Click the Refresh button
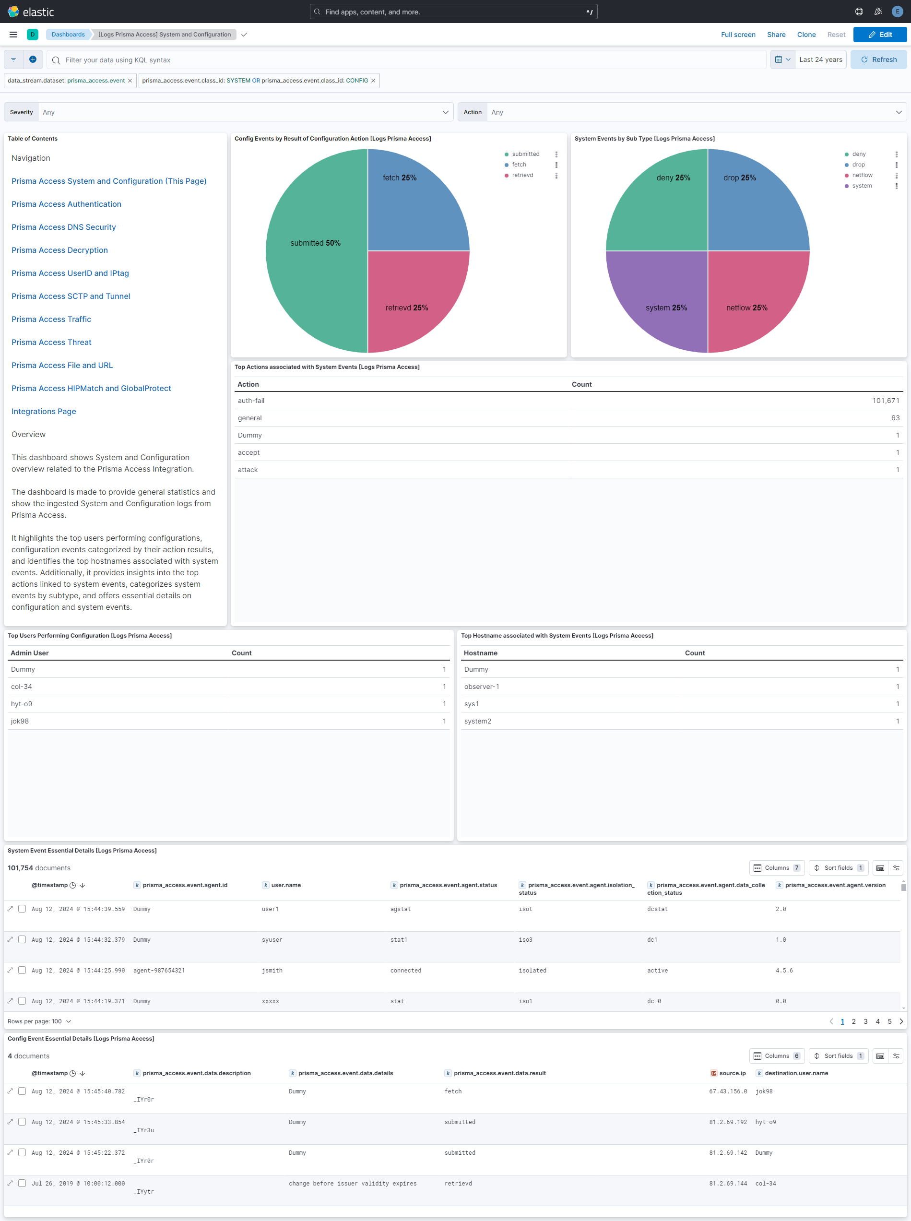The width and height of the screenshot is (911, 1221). (x=878, y=59)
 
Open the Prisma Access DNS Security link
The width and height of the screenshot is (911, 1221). (x=63, y=227)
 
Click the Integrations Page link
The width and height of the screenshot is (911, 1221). (x=44, y=412)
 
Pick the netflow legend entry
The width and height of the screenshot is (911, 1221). (x=862, y=176)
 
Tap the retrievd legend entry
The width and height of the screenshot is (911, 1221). (x=522, y=176)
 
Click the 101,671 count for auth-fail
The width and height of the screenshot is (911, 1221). (x=885, y=401)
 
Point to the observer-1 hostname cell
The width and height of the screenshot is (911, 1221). (x=482, y=687)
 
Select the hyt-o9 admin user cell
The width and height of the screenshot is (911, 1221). (x=22, y=704)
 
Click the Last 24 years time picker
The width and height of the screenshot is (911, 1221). (x=820, y=59)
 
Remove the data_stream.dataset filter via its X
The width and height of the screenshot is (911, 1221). (x=130, y=81)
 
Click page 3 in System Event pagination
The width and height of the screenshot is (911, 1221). (x=865, y=1021)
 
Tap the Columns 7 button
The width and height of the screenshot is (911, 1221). (x=777, y=868)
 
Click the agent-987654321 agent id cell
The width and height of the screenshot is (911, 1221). (x=159, y=971)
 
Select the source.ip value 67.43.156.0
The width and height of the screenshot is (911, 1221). (x=728, y=1091)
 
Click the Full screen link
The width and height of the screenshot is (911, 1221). (x=738, y=35)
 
